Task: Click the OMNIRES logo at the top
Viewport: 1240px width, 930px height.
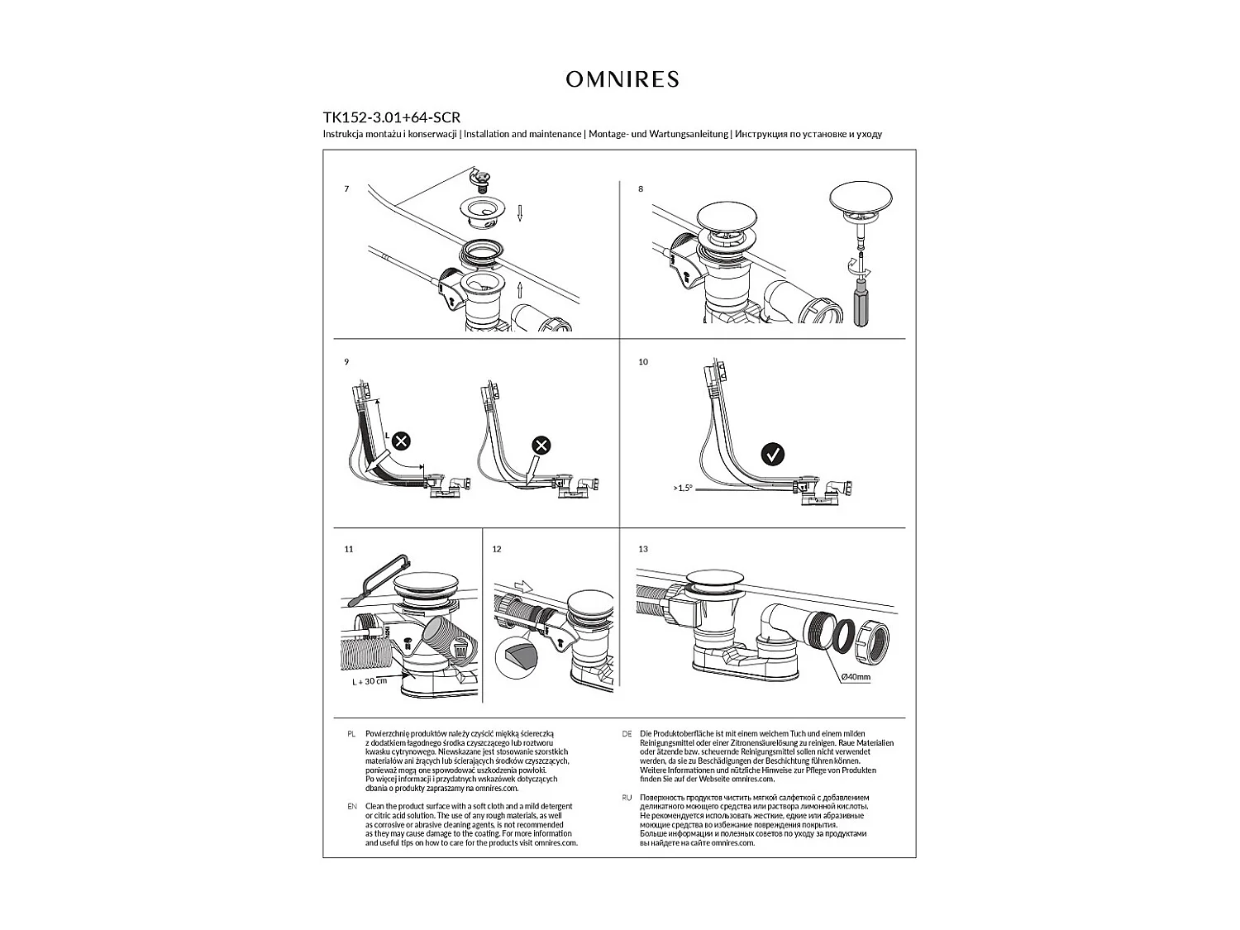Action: click(622, 79)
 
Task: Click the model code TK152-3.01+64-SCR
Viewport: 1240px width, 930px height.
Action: click(391, 117)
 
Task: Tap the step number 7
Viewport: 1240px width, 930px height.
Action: click(346, 189)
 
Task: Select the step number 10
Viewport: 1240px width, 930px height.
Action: click(643, 362)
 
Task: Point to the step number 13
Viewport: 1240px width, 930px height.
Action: click(643, 549)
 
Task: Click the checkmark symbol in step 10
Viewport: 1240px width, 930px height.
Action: click(772, 454)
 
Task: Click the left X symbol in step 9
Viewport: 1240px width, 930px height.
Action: click(400, 441)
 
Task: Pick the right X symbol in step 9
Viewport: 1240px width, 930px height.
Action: click(541, 446)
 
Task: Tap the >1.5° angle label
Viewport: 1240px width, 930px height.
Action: click(682, 488)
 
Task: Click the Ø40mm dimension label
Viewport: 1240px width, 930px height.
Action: click(855, 677)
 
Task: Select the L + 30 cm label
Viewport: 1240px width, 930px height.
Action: click(370, 681)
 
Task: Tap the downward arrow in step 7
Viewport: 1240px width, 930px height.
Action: click(520, 214)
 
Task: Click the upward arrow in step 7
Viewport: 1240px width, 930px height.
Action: click(520, 289)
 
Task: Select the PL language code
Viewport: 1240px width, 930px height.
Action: click(351, 733)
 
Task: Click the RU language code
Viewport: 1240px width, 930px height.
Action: click(627, 797)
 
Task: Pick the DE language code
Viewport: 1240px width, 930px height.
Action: click(627, 733)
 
